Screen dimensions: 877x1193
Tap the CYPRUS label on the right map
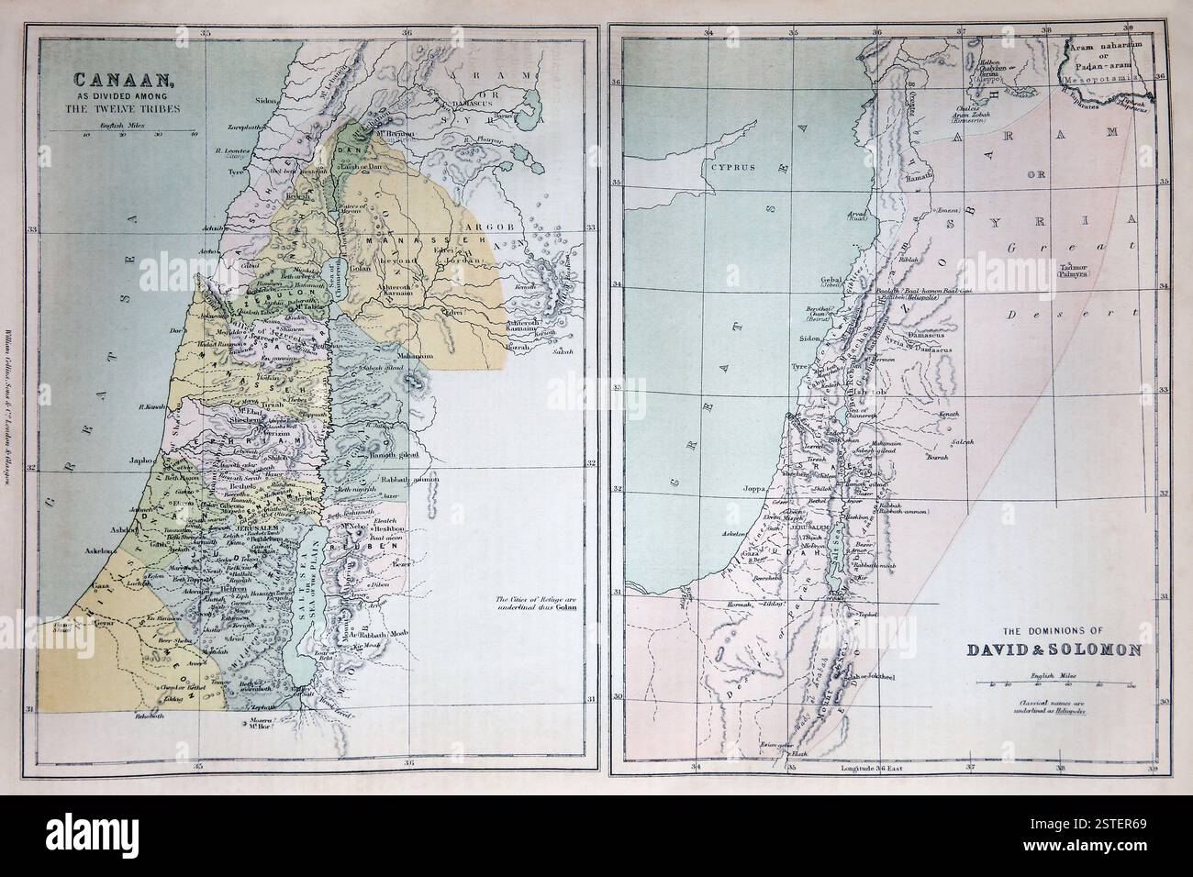(724, 169)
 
